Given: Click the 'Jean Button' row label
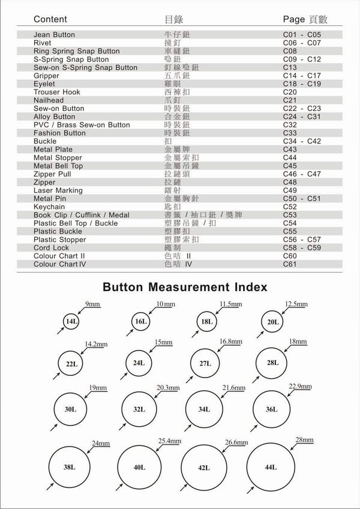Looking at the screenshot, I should [x=55, y=35].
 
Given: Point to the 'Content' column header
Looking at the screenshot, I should [x=50, y=19].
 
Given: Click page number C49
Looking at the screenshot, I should [x=290, y=190].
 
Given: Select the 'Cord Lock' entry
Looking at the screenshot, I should [x=52, y=247].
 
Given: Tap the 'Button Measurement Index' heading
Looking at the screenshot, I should [x=185, y=288].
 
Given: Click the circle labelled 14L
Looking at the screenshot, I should [x=71, y=322].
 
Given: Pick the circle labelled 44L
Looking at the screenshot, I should [x=271, y=466].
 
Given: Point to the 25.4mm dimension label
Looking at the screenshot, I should [x=170, y=441].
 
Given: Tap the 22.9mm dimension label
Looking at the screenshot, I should [x=301, y=385].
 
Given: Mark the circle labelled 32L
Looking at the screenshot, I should [x=139, y=409].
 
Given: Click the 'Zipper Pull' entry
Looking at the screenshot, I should [x=53, y=174].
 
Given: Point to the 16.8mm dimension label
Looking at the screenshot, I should [x=231, y=342].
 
